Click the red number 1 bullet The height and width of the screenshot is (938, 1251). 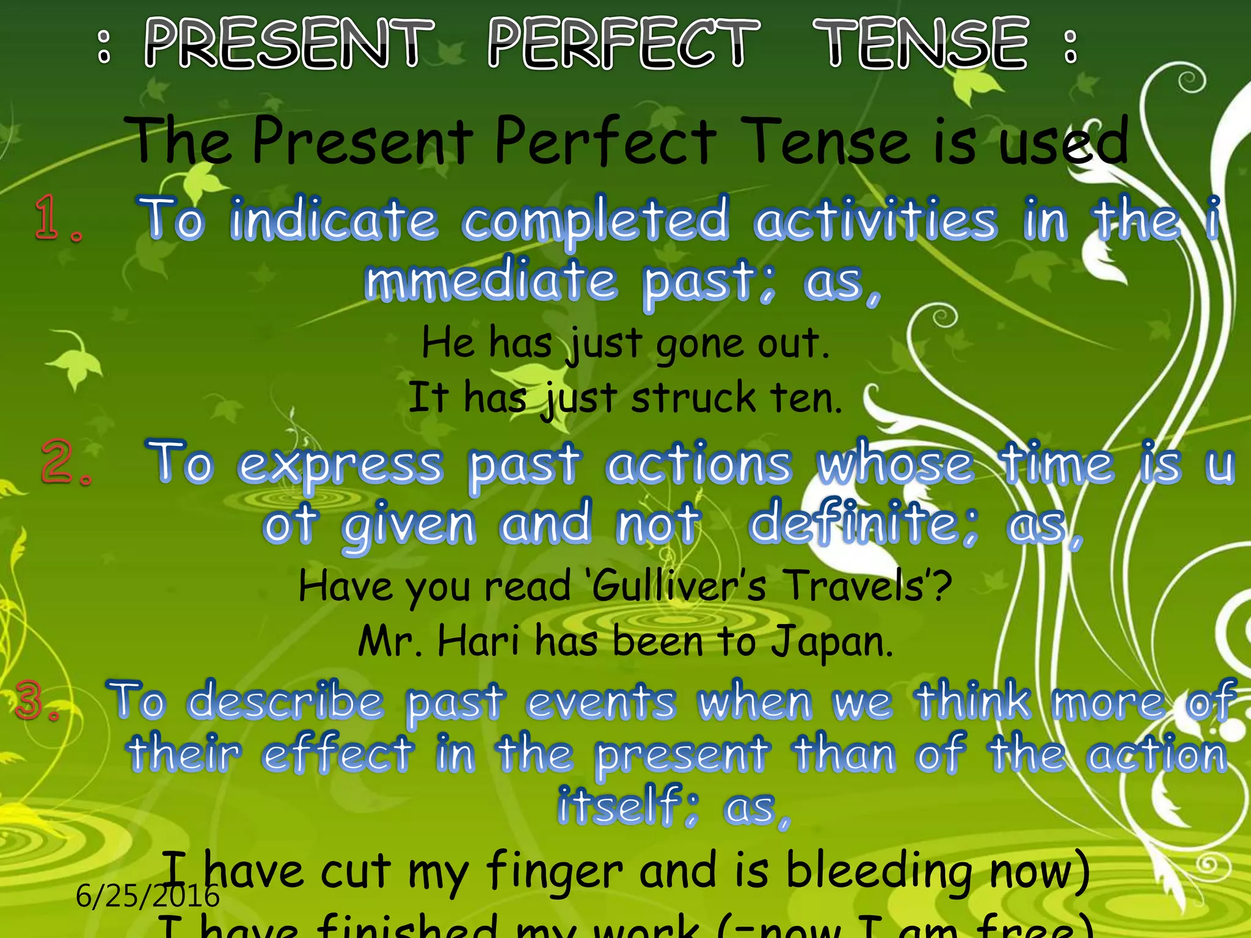point(56,218)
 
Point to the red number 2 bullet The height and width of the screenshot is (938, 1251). point(65,462)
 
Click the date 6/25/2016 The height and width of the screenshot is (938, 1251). point(147,896)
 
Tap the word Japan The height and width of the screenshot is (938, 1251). point(832,642)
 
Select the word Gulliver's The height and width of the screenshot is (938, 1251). point(679,586)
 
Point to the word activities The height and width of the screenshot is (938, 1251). point(875,220)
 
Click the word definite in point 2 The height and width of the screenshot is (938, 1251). point(863,523)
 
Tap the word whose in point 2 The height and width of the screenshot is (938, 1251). point(895,464)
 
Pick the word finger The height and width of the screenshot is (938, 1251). point(555,872)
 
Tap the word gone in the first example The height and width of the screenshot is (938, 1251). point(699,345)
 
